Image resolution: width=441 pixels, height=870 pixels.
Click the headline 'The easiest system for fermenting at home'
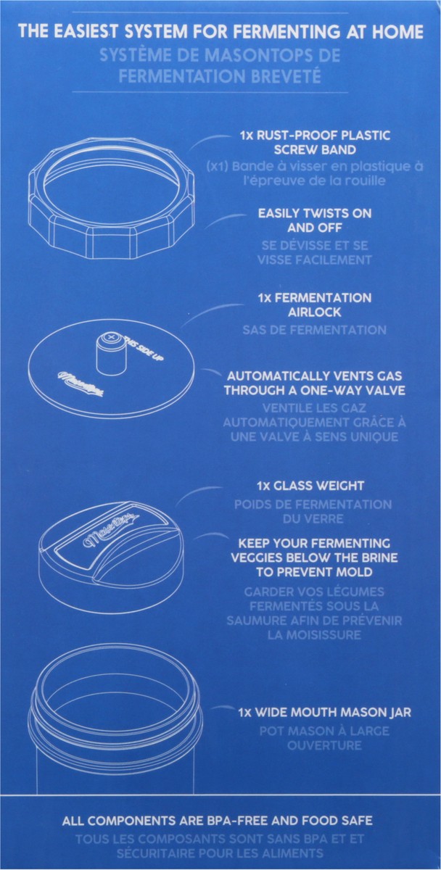coord(220,32)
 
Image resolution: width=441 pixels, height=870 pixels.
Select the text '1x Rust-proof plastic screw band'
coord(314,142)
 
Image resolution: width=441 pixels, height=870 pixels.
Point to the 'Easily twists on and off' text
coord(315,220)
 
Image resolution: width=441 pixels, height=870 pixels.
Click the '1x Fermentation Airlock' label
coord(315,304)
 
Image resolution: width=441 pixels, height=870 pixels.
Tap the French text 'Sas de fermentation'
coord(315,330)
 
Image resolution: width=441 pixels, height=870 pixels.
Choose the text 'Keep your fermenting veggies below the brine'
coord(319,557)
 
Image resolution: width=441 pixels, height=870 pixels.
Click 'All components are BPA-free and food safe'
coord(218,821)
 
